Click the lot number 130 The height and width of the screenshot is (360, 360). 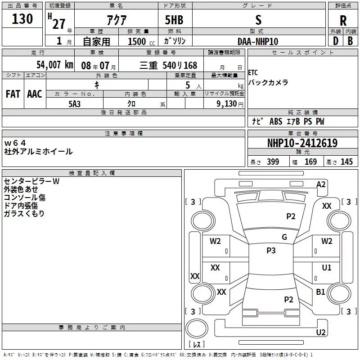coord(22,19)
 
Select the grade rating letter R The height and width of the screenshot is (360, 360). coord(343,21)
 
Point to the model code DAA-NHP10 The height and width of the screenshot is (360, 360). coord(258,41)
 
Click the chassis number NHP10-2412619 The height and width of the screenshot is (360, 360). coord(302,143)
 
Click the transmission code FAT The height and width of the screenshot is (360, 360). coord(13,94)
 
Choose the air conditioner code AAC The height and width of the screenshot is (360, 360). coord(34,94)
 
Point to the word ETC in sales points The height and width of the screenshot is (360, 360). coord(253,73)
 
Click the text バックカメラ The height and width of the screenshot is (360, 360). coord(268,83)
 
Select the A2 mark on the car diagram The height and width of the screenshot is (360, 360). coord(321,184)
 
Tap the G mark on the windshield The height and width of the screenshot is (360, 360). coord(284,237)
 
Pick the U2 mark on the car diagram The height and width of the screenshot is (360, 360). coord(321,332)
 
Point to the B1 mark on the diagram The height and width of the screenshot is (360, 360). coord(320,292)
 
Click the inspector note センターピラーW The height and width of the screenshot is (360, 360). coord(31,181)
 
